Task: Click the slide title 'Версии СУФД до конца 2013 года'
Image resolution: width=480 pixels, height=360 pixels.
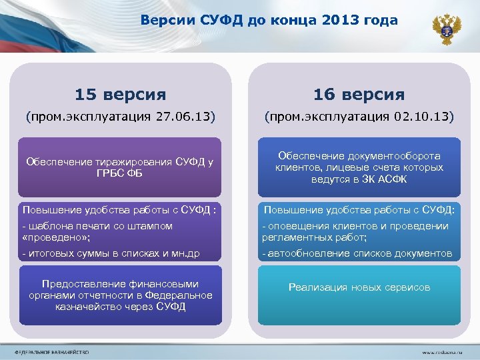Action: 269,21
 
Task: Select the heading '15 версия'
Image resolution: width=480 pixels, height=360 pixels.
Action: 120,94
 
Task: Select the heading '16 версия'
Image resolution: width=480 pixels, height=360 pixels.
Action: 359,94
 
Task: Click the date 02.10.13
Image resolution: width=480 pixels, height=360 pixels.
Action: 422,117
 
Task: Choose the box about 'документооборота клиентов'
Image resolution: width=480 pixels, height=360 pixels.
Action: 359,167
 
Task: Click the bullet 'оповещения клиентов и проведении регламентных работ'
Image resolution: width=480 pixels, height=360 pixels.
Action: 355,231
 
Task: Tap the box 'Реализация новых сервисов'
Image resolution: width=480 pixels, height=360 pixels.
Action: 359,287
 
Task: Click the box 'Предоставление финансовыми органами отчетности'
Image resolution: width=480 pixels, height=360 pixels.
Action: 120,295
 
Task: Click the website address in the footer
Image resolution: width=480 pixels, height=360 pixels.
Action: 443,351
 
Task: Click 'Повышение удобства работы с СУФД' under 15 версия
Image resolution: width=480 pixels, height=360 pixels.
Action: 117,210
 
